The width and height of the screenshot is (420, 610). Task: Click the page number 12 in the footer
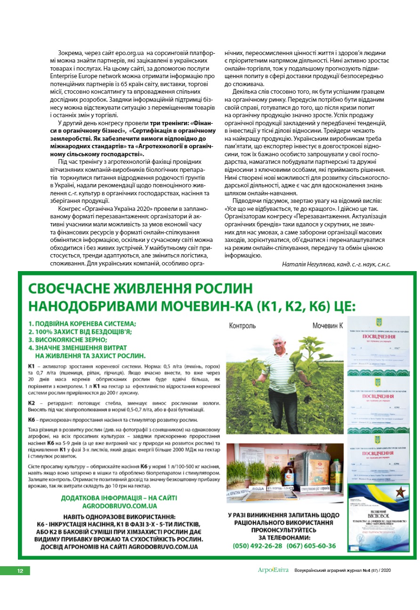(x=20, y=571)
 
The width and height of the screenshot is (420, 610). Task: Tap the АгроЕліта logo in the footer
(x=273, y=570)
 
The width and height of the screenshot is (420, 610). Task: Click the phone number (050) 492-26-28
(x=258, y=546)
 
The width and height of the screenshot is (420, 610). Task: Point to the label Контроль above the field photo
(x=242, y=326)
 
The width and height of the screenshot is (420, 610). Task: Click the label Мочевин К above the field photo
(x=328, y=326)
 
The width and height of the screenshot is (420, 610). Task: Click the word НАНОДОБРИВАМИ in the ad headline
(x=95, y=307)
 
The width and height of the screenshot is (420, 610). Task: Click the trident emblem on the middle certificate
(x=379, y=381)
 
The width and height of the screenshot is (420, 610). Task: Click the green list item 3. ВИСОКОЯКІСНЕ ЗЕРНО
(x=68, y=339)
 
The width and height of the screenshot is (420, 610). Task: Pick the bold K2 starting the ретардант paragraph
(x=32, y=403)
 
